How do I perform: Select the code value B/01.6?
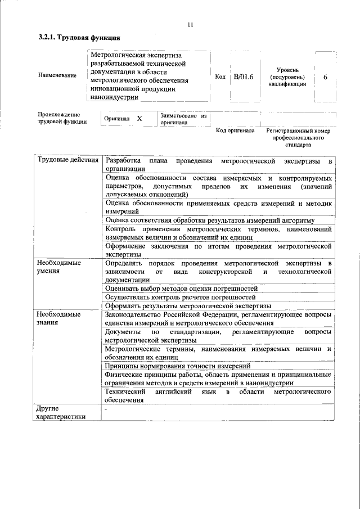click(x=244, y=76)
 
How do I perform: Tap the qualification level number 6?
click(x=325, y=76)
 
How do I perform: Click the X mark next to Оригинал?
click(x=139, y=119)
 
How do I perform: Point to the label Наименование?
click(x=57, y=76)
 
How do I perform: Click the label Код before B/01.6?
click(x=220, y=76)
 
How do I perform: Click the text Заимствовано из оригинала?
click(x=183, y=119)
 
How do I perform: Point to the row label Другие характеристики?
click(x=60, y=412)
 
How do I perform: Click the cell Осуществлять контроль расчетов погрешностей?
click(x=180, y=297)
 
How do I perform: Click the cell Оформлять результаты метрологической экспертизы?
click(x=184, y=305)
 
